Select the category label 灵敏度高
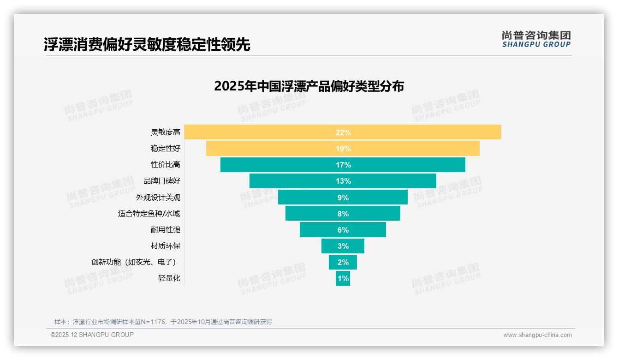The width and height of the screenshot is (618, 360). click(166, 132)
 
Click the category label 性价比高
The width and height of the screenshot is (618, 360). click(166, 165)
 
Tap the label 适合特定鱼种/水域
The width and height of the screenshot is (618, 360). click(149, 214)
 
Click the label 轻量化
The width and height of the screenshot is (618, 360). click(169, 278)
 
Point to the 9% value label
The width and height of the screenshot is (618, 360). click(343, 198)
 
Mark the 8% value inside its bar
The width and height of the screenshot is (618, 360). click(343, 214)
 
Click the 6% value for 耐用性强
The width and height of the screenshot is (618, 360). click(343, 230)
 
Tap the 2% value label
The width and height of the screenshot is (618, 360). click(343, 262)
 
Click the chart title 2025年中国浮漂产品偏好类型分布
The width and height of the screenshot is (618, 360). click(309, 86)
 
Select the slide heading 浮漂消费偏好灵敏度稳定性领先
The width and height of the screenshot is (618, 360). click(147, 45)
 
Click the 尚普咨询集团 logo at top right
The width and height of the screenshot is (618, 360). click(536, 39)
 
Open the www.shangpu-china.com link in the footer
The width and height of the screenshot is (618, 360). click(537, 335)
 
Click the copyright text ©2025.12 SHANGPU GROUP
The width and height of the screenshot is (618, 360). click(92, 335)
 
